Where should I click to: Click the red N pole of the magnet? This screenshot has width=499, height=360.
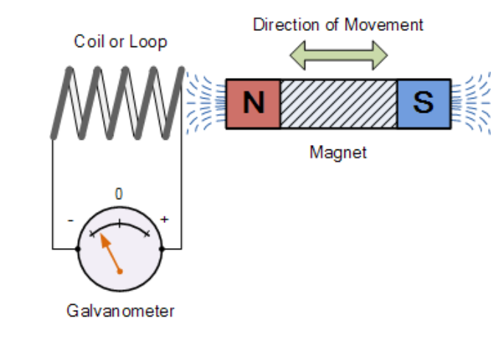click(x=253, y=104)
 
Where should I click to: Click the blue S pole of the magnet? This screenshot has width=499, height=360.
click(x=423, y=104)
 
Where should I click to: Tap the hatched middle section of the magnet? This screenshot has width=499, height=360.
click(x=339, y=104)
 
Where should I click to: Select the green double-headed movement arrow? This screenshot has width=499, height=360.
click(x=339, y=53)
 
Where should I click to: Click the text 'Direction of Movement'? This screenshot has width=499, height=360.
click(x=339, y=24)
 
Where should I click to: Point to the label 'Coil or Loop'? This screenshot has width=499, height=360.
click(x=121, y=41)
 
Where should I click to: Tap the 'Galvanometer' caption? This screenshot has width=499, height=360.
click(x=121, y=311)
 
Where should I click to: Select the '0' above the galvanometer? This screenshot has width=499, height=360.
click(x=119, y=194)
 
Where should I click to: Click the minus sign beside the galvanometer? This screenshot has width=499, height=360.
click(x=70, y=219)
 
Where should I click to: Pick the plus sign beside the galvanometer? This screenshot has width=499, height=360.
click(x=164, y=219)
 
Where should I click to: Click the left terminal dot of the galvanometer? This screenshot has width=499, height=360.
click(x=78, y=250)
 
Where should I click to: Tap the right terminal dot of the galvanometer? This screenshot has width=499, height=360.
click(x=161, y=250)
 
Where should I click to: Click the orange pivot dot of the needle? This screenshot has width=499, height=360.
click(x=119, y=271)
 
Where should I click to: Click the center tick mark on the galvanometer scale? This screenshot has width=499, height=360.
click(x=119, y=221)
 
